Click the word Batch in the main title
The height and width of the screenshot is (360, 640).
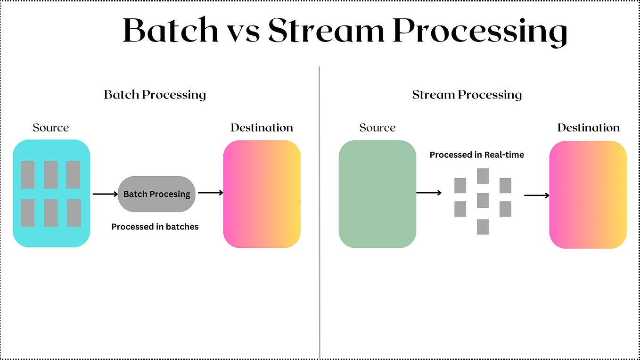[171, 31]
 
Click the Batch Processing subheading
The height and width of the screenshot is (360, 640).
[155, 95]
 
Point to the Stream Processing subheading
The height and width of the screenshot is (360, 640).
[467, 95]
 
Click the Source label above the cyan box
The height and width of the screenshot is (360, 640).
[51, 128]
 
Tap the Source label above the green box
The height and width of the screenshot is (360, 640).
[377, 128]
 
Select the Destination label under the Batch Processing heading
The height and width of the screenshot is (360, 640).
[262, 128]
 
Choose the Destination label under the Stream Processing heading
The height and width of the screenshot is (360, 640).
[588, 128]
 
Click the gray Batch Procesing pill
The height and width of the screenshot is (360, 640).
[156, 194]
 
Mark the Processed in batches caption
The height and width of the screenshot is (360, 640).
[155, 227]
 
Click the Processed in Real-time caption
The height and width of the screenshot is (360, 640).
[477, 155]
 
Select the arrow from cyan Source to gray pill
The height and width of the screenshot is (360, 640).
[105, 194]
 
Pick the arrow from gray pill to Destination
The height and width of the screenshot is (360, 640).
[210, 192]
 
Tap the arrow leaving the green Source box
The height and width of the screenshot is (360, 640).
[429, 192]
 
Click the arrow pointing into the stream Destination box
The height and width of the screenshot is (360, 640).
[537, 195]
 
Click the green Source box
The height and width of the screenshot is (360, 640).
[377, 194]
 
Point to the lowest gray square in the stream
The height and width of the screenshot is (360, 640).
[483, 227]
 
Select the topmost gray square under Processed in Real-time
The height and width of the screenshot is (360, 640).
[483, 176]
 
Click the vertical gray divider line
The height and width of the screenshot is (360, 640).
[320, 212]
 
